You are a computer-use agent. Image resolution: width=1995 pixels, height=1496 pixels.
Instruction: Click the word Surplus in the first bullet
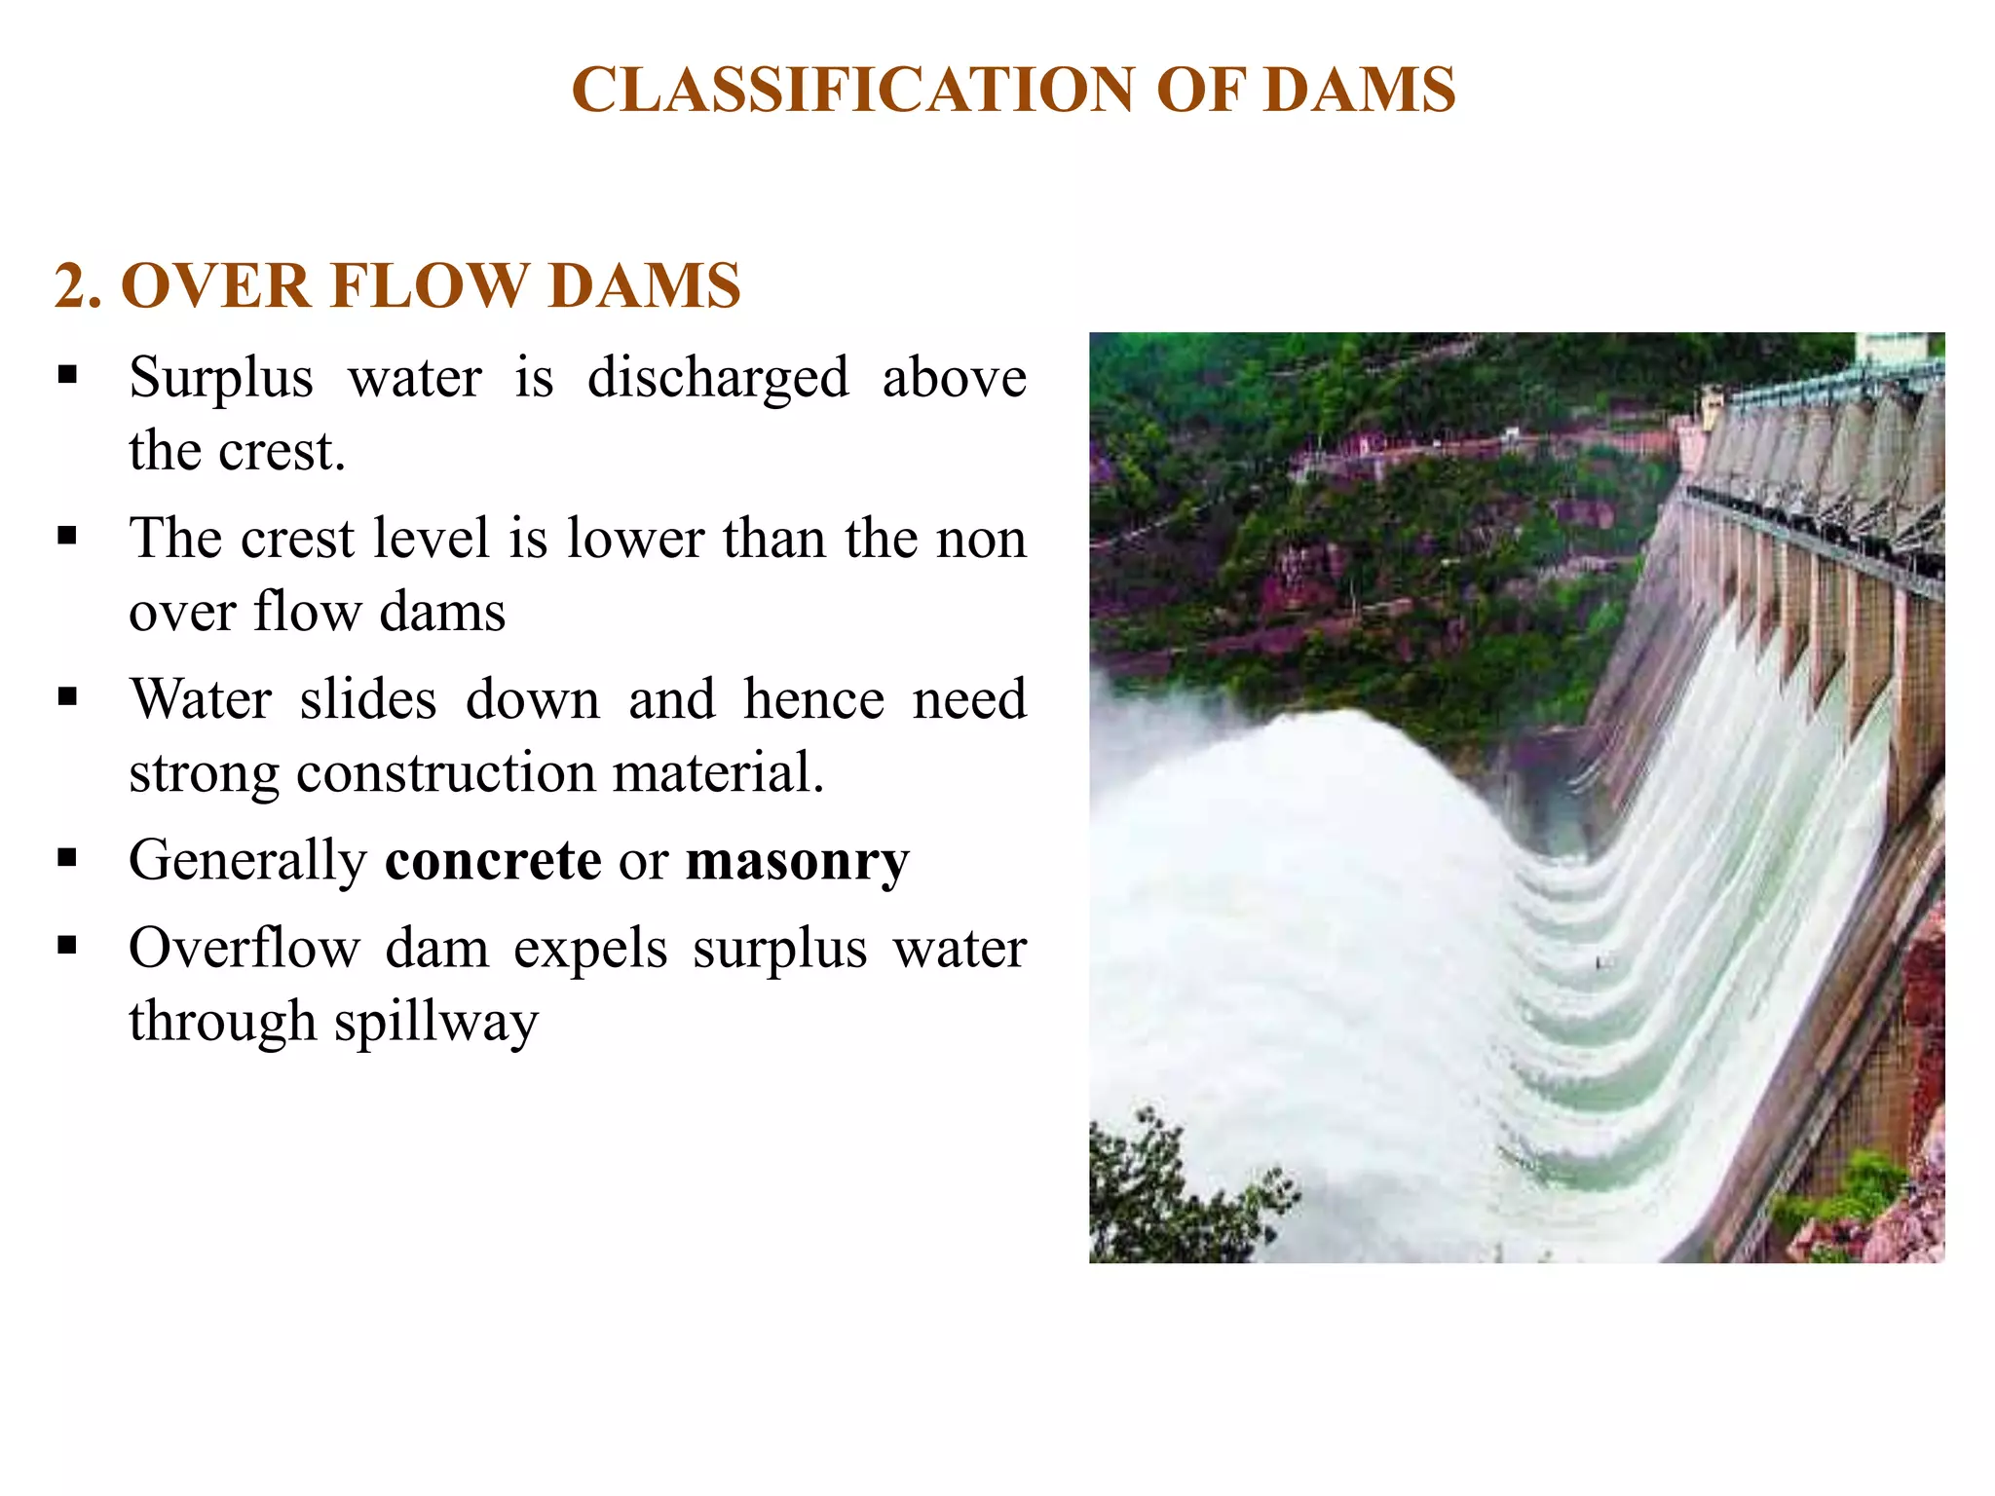[221, 378]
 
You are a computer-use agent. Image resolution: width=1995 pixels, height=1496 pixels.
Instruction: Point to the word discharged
[718, 378]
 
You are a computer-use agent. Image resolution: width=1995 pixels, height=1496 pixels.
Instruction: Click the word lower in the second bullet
[635, 539]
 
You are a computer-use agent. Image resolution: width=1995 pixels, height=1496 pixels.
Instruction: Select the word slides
[367, 699]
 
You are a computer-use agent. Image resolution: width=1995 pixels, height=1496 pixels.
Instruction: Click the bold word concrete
[493, 861]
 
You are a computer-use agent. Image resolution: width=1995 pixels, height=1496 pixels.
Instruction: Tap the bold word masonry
[797, 861]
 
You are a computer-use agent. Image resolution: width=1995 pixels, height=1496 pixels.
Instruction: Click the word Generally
[247, 861]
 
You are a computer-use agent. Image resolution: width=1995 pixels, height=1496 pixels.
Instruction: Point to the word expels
[590, 949]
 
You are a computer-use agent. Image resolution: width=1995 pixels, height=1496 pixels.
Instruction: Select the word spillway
[435, 1023]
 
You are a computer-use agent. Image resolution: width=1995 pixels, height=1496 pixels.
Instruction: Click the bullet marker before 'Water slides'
[67, 696]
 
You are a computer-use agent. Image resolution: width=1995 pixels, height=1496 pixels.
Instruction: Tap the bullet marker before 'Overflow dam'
[67, 946]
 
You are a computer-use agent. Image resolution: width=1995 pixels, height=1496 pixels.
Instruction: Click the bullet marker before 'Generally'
[67, 858]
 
